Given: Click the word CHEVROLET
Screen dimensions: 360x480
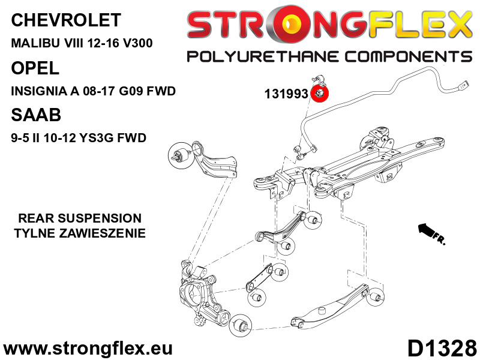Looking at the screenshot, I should point(65,20).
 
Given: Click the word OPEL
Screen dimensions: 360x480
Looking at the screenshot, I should point(35,68).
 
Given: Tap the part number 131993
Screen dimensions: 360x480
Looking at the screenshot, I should point(286,94).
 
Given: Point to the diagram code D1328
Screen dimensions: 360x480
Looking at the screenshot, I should point(442,347).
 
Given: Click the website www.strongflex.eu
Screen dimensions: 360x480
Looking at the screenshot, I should point(88,348).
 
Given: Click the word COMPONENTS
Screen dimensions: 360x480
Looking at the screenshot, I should point(404,57).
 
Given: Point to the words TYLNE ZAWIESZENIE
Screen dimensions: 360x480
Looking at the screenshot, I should point(80,233).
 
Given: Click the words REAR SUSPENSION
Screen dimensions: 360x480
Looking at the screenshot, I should point(80,218).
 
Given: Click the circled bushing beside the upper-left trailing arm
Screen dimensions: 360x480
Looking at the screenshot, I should point(181,155).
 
